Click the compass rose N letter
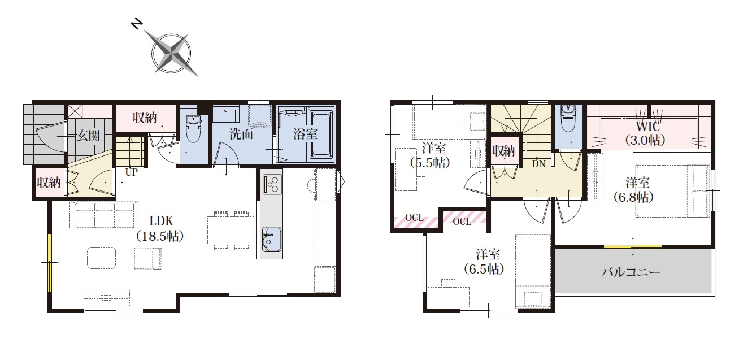pos(137,24)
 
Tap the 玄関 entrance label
pos(88,135)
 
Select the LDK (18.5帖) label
pos(160,228)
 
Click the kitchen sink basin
pos(272,239)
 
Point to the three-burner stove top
pos(273,184)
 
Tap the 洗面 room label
pos(241,134)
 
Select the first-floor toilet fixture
pos(193,128)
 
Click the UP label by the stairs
pos(131,172)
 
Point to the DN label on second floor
pos(539,163)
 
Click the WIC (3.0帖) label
pos(645,133)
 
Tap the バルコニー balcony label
pos(631,272)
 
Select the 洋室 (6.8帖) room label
pos(633,190)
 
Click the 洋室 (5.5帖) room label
pos(430,155)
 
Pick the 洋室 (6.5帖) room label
pos(484,262)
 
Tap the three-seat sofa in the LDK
pos(105,215)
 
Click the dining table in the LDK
pos(231,231)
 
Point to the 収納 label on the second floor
pos(503,151)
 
